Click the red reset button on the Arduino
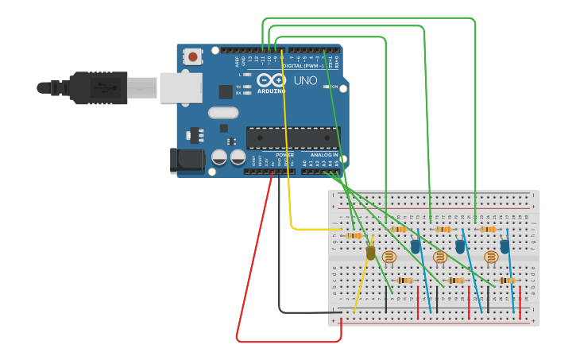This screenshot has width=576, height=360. (x=192, y=56)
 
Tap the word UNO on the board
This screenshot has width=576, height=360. (x=305, y=81)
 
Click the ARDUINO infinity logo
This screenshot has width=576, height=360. (x=270, y=80)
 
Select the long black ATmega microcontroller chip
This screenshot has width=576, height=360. (x=292, y=138)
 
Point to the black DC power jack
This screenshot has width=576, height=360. (x=187, y=160)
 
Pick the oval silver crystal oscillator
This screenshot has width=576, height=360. (x=223, y=113)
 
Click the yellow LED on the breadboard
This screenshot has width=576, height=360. (x=370, y=253)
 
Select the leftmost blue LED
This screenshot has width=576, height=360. (x=416, y=247)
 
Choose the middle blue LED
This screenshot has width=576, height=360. (x=460, y=247)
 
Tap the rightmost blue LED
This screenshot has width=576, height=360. (x=504, y=247)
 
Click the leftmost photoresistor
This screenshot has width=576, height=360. (x=389, y=257)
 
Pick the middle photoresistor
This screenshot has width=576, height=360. (x=440, y=257)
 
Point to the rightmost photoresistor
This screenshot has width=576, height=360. (x=491, y=257)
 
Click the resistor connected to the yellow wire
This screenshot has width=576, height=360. (x=354, y=235)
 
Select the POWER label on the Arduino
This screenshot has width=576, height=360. (x=284, y=155)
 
